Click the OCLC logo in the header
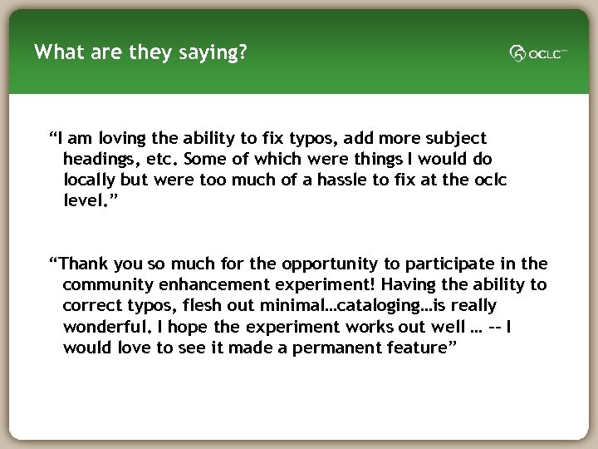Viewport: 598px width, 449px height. (537, 54)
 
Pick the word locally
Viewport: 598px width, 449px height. (90, 180)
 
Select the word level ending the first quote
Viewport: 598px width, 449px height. (86, 200)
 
